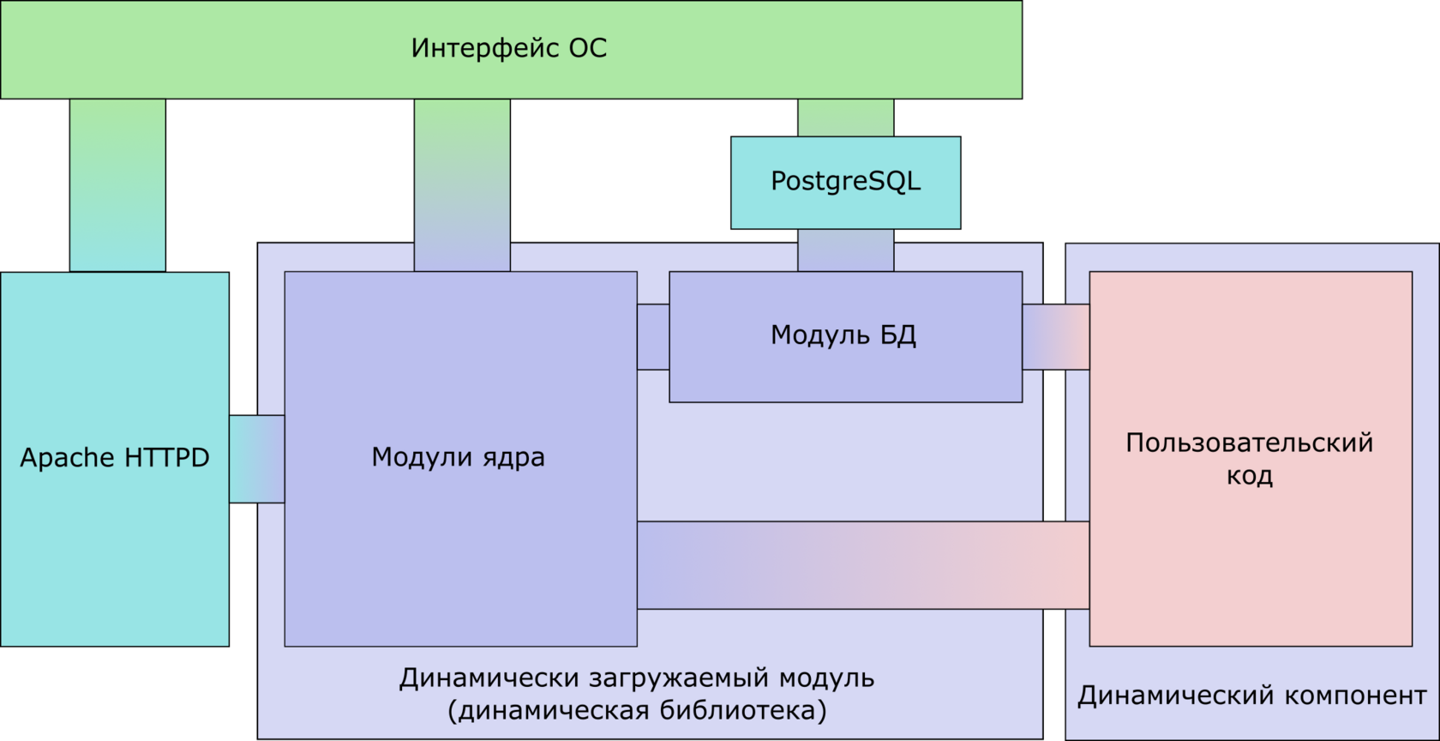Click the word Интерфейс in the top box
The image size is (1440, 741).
[485, 48]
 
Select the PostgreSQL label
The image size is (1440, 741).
[845, 182]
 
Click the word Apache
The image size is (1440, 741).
[68, 458]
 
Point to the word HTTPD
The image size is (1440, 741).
[167, 457]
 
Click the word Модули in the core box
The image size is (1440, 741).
[420, 457]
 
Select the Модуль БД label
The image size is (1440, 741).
[843, 335]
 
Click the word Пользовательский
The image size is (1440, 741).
[1250, 443]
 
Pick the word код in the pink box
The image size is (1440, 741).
[1250, 476]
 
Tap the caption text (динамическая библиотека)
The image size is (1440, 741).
[637, 711]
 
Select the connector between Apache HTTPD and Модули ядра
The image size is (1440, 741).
[257, 459]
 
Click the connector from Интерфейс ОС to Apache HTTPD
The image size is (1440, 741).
[117, 185]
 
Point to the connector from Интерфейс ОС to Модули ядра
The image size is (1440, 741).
[462, 185]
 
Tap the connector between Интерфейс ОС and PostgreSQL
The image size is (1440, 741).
[846, 117]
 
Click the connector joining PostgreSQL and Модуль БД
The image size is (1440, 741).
[846, 250]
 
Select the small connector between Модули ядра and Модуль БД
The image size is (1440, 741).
[653, 337]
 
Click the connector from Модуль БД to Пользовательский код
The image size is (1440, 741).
[1056, 337]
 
